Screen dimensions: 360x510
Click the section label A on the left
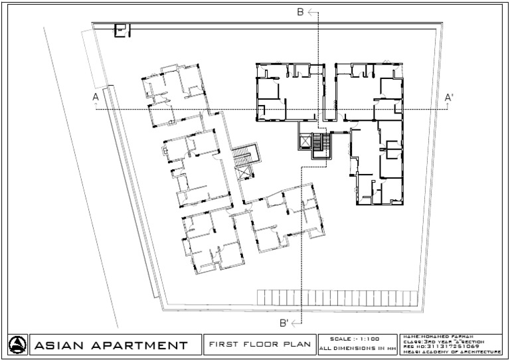96,98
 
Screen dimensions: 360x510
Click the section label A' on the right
449,98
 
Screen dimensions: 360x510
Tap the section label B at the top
300,12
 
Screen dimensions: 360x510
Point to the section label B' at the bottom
284,323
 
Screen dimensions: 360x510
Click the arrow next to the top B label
313,12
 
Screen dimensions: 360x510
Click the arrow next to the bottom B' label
297,323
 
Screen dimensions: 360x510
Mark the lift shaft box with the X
305,142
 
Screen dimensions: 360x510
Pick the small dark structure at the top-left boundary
122,31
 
